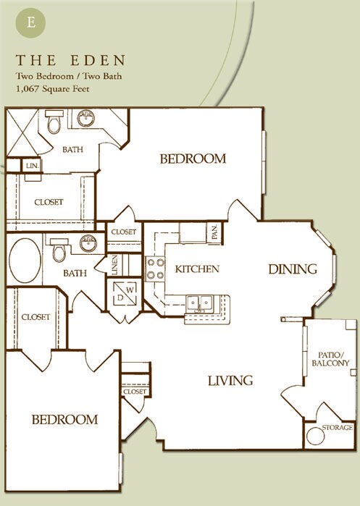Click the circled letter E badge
click(x=32, y=20)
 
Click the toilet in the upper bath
click(x=54, y=125)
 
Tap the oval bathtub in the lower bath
click(x=25, y=258)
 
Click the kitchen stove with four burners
click(x=155, y=269)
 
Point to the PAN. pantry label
click(x=215, y=233)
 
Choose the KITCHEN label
click(x=197, y=269)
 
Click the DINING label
click(x=293, y=269)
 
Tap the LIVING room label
click(x=230, y=380)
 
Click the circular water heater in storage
click(x=315, y=436)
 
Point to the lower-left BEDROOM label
click(x=64, y=419)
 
